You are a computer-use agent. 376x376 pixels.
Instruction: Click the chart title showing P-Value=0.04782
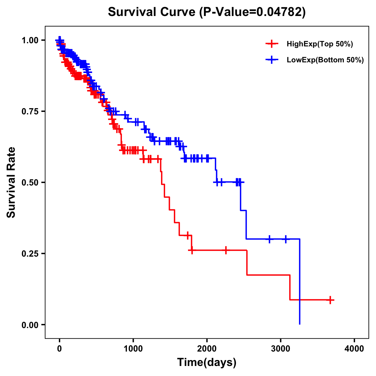(206, 12)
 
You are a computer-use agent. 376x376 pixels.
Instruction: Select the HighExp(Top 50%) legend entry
(320, 44)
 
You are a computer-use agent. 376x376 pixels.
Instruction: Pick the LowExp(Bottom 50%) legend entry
(325, 60)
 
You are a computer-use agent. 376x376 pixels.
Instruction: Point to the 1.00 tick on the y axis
(30, 40)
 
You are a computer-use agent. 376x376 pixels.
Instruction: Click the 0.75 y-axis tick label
(30, 111)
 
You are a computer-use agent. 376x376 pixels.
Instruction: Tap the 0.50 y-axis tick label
(30, 182)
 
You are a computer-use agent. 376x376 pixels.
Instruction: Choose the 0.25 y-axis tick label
(30, 253)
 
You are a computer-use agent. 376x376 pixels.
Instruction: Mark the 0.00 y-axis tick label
(30, 325)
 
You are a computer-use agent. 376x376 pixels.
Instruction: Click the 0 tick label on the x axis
(60, 349)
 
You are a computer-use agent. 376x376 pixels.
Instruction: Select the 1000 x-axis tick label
(133, 349)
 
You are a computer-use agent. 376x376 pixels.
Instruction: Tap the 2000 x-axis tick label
(207, 349)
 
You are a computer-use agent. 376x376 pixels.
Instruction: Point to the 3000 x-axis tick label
(281, 349)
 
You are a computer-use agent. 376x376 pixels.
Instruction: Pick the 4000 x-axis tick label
(354, 349)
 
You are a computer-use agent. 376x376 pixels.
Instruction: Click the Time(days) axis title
(207, 363)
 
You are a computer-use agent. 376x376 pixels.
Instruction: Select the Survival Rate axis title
(11, 182)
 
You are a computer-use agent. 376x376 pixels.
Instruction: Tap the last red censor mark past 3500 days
(330, 300)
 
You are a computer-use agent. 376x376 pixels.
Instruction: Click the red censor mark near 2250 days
(226, 250)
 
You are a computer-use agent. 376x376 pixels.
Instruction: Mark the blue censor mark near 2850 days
(269, 239)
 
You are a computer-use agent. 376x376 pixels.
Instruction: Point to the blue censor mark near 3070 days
(285, 239)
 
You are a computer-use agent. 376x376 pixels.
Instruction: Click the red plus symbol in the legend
(272, 44)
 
